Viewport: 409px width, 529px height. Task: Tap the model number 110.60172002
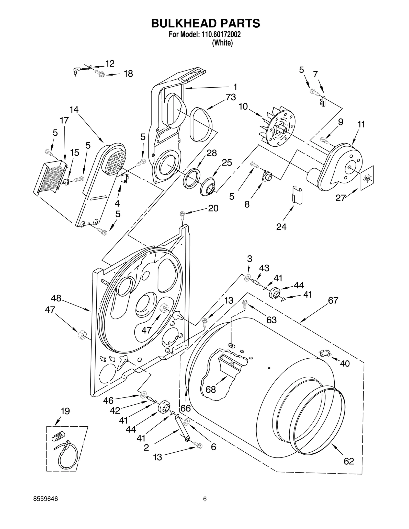point(218,34)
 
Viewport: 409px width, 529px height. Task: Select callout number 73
point(231,97)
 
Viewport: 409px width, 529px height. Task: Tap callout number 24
point(281,227)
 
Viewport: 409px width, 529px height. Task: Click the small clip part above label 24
point(297,195)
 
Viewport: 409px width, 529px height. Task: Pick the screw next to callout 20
point(183,215)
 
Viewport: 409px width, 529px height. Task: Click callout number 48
point(56,298)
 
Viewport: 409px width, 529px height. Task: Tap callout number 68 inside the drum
point(211,389)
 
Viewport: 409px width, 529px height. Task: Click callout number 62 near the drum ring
point(349,461)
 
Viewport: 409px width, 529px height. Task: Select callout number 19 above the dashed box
point(65,411)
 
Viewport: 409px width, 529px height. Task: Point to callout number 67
point(333,300)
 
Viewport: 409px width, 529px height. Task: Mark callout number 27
point(340,198)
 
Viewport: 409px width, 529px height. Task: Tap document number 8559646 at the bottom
point(46,499)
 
